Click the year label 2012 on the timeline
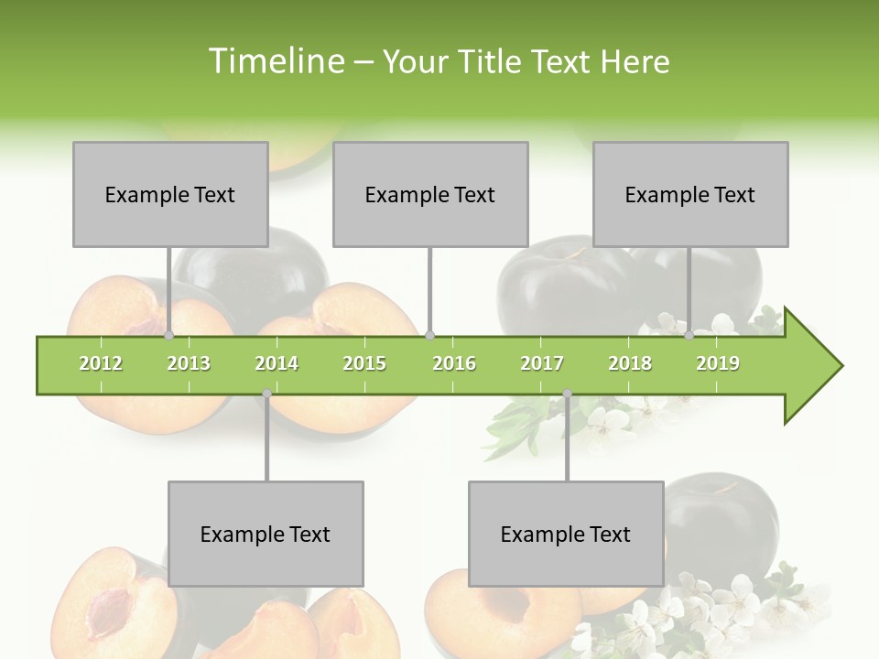pos(101,363)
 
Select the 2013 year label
pos(189,363)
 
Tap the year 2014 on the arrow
pos(277,363)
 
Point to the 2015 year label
pos(364,363)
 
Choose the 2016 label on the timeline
pos(454,363)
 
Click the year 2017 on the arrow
pos(542,363)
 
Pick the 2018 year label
pos(630,363)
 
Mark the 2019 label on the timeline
pos(718,363)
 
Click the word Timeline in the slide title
pos(275,61)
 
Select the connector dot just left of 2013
pos(169,336)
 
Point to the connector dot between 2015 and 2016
pos(430,336)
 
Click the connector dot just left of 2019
pos(689,336)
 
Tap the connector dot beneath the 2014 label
pos(266,394)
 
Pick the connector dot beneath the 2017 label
pos(567,394)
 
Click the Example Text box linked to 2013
pos(170,195)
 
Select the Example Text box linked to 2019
pos(690,195)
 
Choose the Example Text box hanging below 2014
pos(266,535)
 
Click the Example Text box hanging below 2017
pos(566,535)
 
